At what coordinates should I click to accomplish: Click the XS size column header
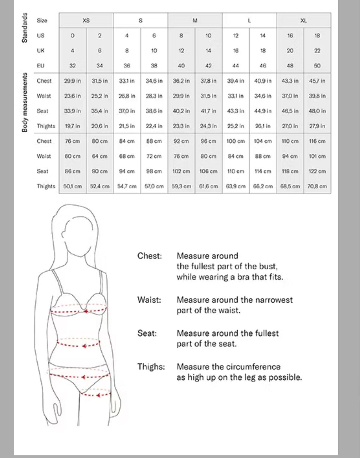pos(86,21)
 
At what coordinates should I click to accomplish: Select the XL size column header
pos(303,21)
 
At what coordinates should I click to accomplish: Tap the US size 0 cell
pos(73,36)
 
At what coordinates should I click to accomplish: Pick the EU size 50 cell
pos(317,66)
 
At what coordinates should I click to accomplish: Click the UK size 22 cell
pos(317,51)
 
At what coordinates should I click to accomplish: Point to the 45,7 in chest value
pos(317,81)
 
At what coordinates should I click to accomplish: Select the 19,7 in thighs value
pos(73,126)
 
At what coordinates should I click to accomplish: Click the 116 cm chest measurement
pos(317,141)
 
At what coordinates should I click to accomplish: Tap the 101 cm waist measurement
pos(317,156)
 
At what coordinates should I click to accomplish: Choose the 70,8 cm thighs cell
pos(317,186)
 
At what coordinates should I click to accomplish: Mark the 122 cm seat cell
pos(317,171)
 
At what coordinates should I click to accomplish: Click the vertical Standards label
pos(24,27)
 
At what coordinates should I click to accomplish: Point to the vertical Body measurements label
pos(24,102)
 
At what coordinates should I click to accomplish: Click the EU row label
pos(41,66)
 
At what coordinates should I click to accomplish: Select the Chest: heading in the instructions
pos(150,256)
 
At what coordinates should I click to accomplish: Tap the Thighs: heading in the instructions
pos(151,367)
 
